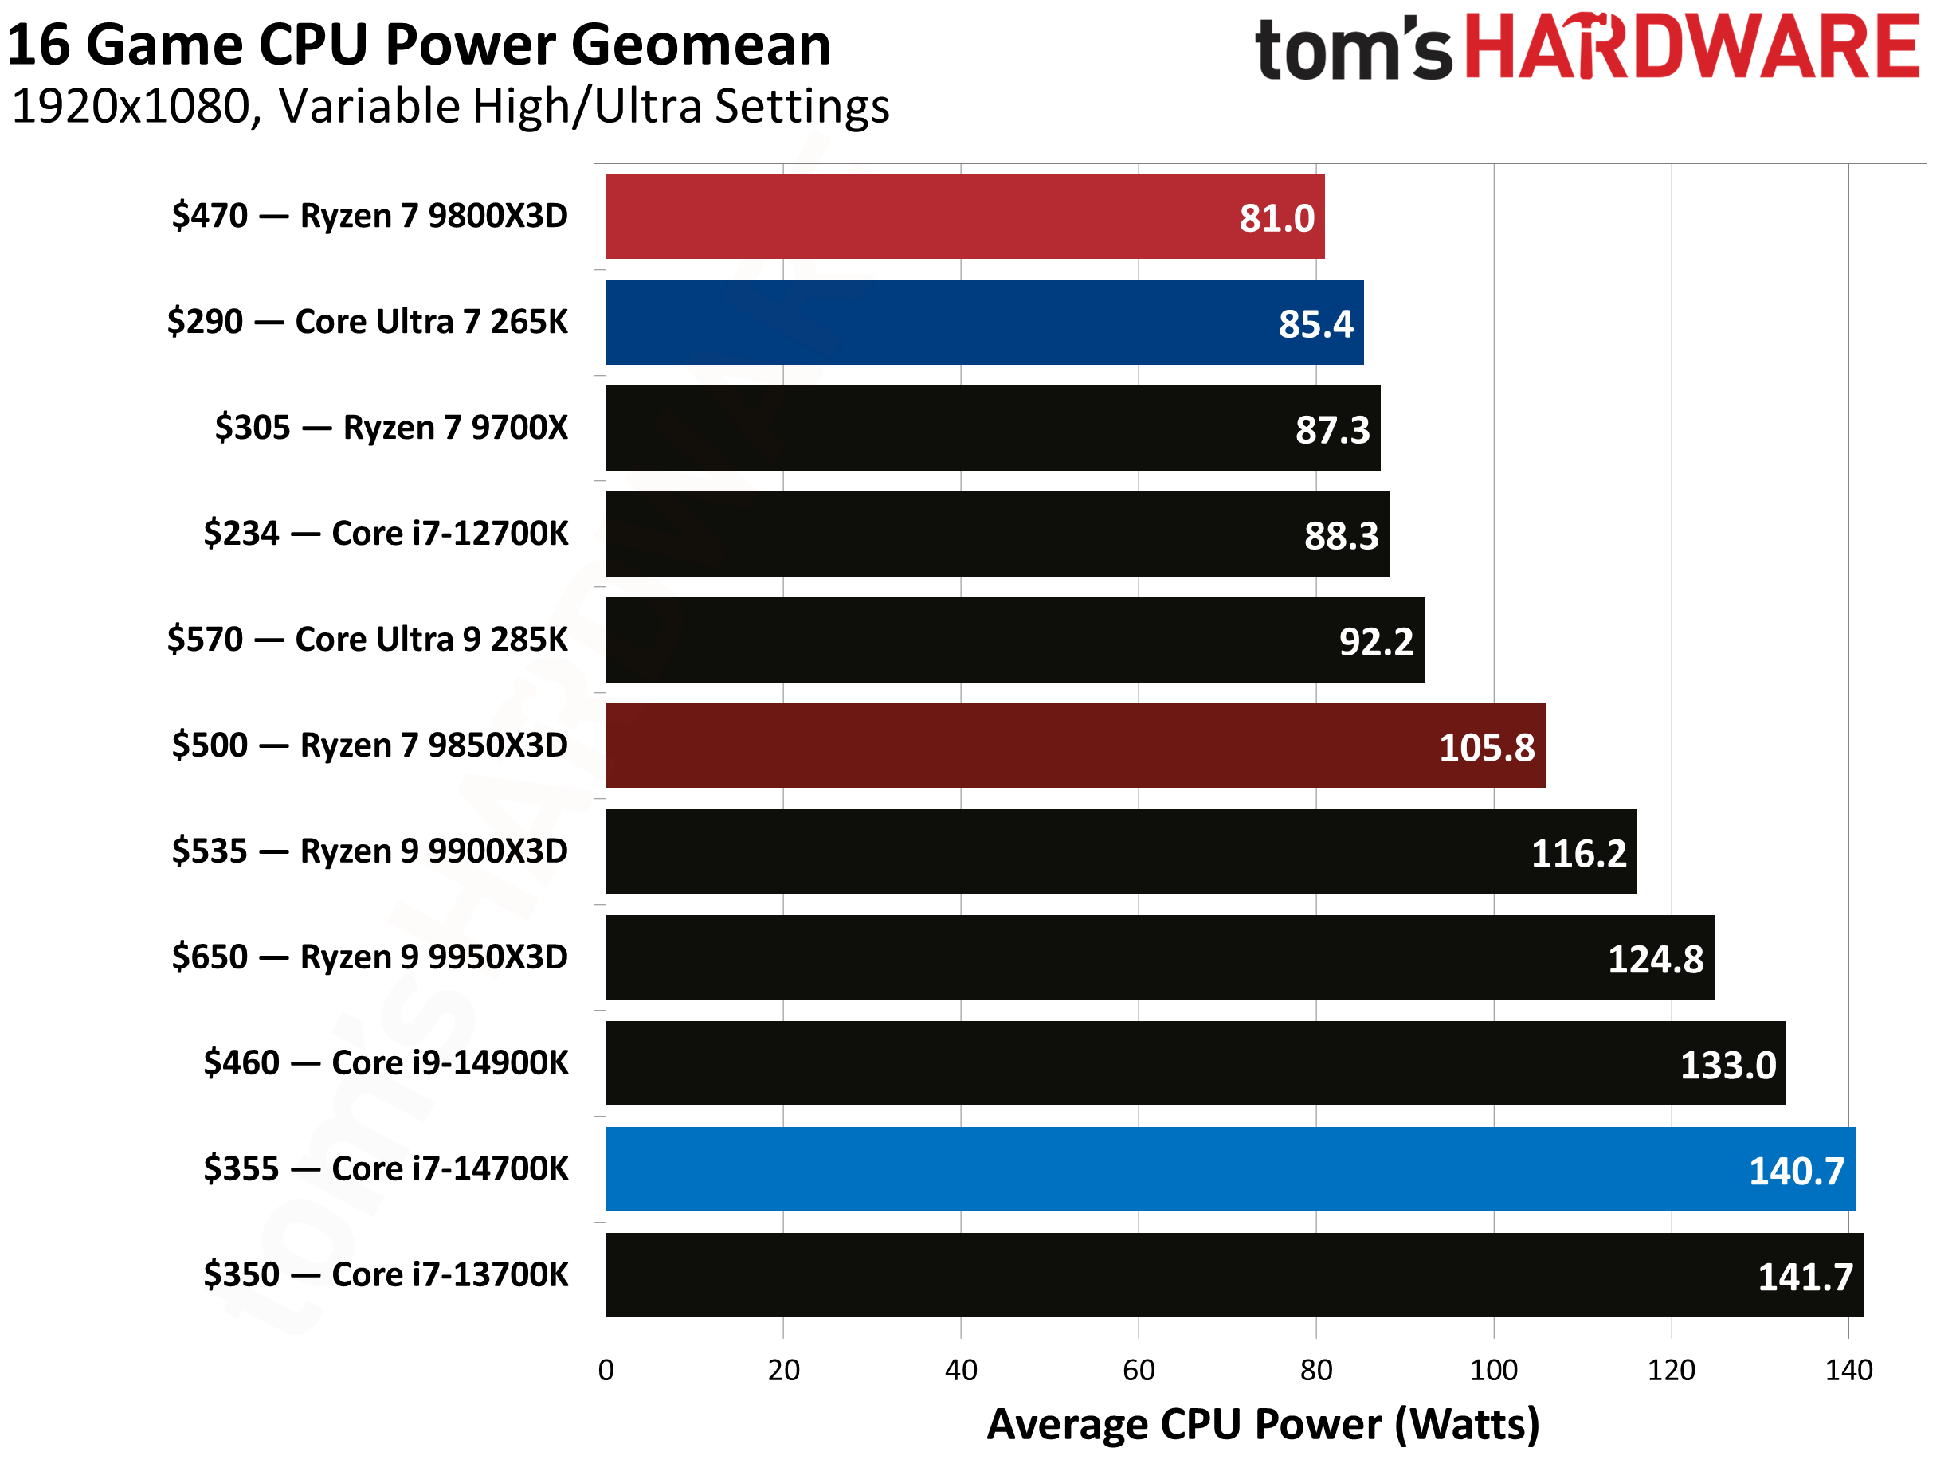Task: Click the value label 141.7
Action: [x=1805, y=1278]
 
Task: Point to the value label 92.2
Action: [x=1376, y=641]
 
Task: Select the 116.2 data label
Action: [x=1579, y=854]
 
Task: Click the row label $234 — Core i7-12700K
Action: [x=386, y=534]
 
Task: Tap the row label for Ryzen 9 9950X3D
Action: [x=370, y=957]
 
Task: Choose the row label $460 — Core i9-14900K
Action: [x=386, y=1063]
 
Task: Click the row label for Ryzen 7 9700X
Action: [x=390, y=428]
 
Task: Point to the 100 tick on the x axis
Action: [x=1494, y=1371]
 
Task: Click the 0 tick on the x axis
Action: [x=606, y=1371]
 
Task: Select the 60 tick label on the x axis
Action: [x=1139, y=1371]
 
